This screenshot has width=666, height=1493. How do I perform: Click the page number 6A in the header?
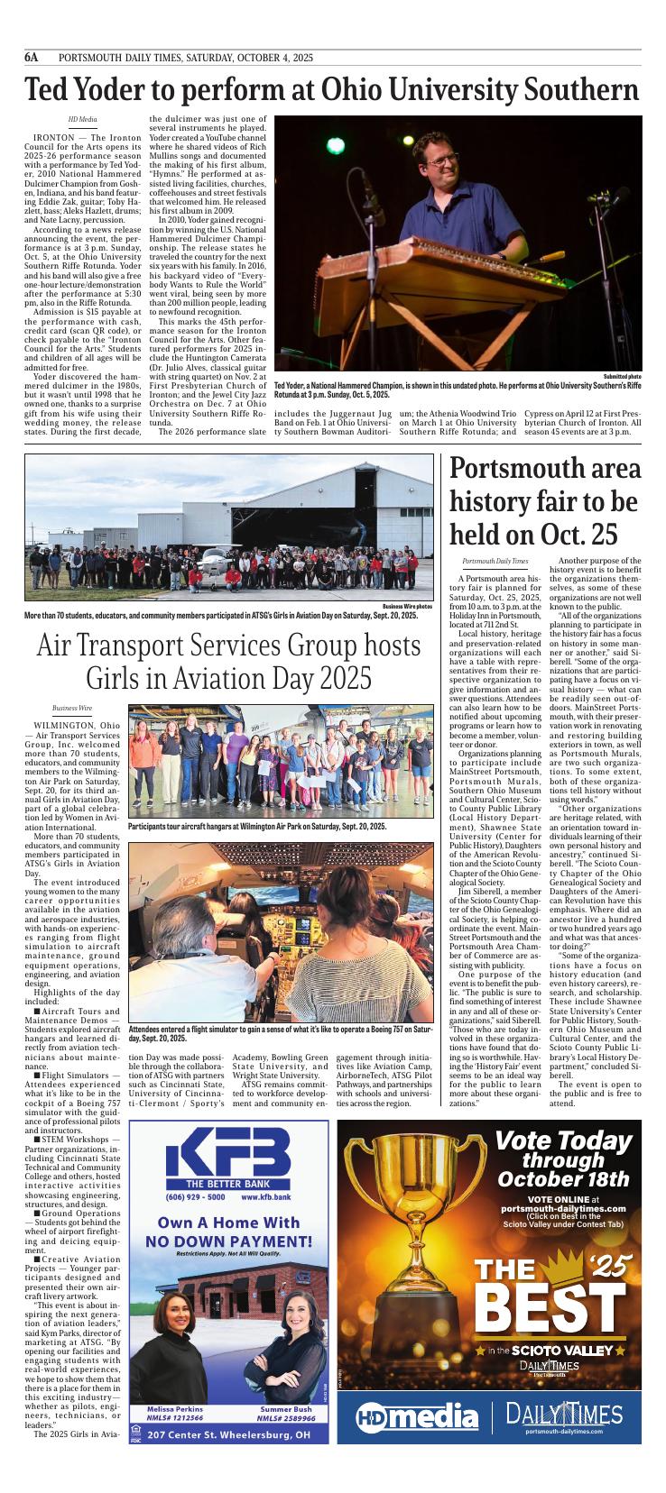[32, 57]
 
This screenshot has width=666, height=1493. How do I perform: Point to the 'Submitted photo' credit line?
[623, 375]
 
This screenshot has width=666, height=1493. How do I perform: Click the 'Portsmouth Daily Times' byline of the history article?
[495, 562]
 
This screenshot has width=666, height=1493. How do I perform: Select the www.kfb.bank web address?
[266, 1197]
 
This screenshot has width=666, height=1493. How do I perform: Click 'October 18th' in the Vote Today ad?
[576, 1178]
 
